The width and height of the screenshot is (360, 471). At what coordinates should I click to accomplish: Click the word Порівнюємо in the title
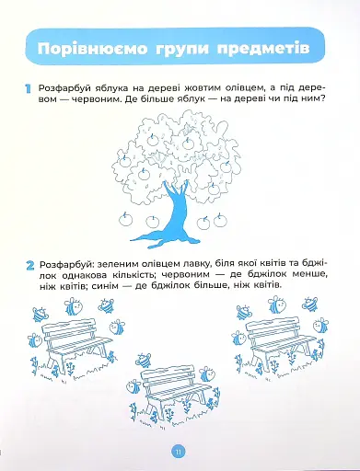[92, 49]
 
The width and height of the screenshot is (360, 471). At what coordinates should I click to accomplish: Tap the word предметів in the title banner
[263, 49]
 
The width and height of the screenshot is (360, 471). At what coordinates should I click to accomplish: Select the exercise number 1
[28, 89]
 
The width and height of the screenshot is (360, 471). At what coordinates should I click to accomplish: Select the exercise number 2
[30, 266]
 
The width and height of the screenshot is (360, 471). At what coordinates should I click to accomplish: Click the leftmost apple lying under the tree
[125, 219]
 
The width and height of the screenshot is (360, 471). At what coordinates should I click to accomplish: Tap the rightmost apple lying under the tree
[220, 220]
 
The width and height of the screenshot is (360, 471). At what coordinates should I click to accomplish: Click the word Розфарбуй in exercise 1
[61, 88]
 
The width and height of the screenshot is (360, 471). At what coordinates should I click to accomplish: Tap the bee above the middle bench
[144, 360]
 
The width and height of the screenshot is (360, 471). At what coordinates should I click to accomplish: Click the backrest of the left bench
[69, 329]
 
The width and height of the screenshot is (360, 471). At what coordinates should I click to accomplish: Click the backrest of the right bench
[273, 327]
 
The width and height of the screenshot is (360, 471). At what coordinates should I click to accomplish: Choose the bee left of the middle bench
[134, 386]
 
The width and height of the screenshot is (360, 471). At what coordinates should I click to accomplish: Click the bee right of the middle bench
[207, 374]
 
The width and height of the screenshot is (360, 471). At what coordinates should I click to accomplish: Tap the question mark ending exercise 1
[322, 99]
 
